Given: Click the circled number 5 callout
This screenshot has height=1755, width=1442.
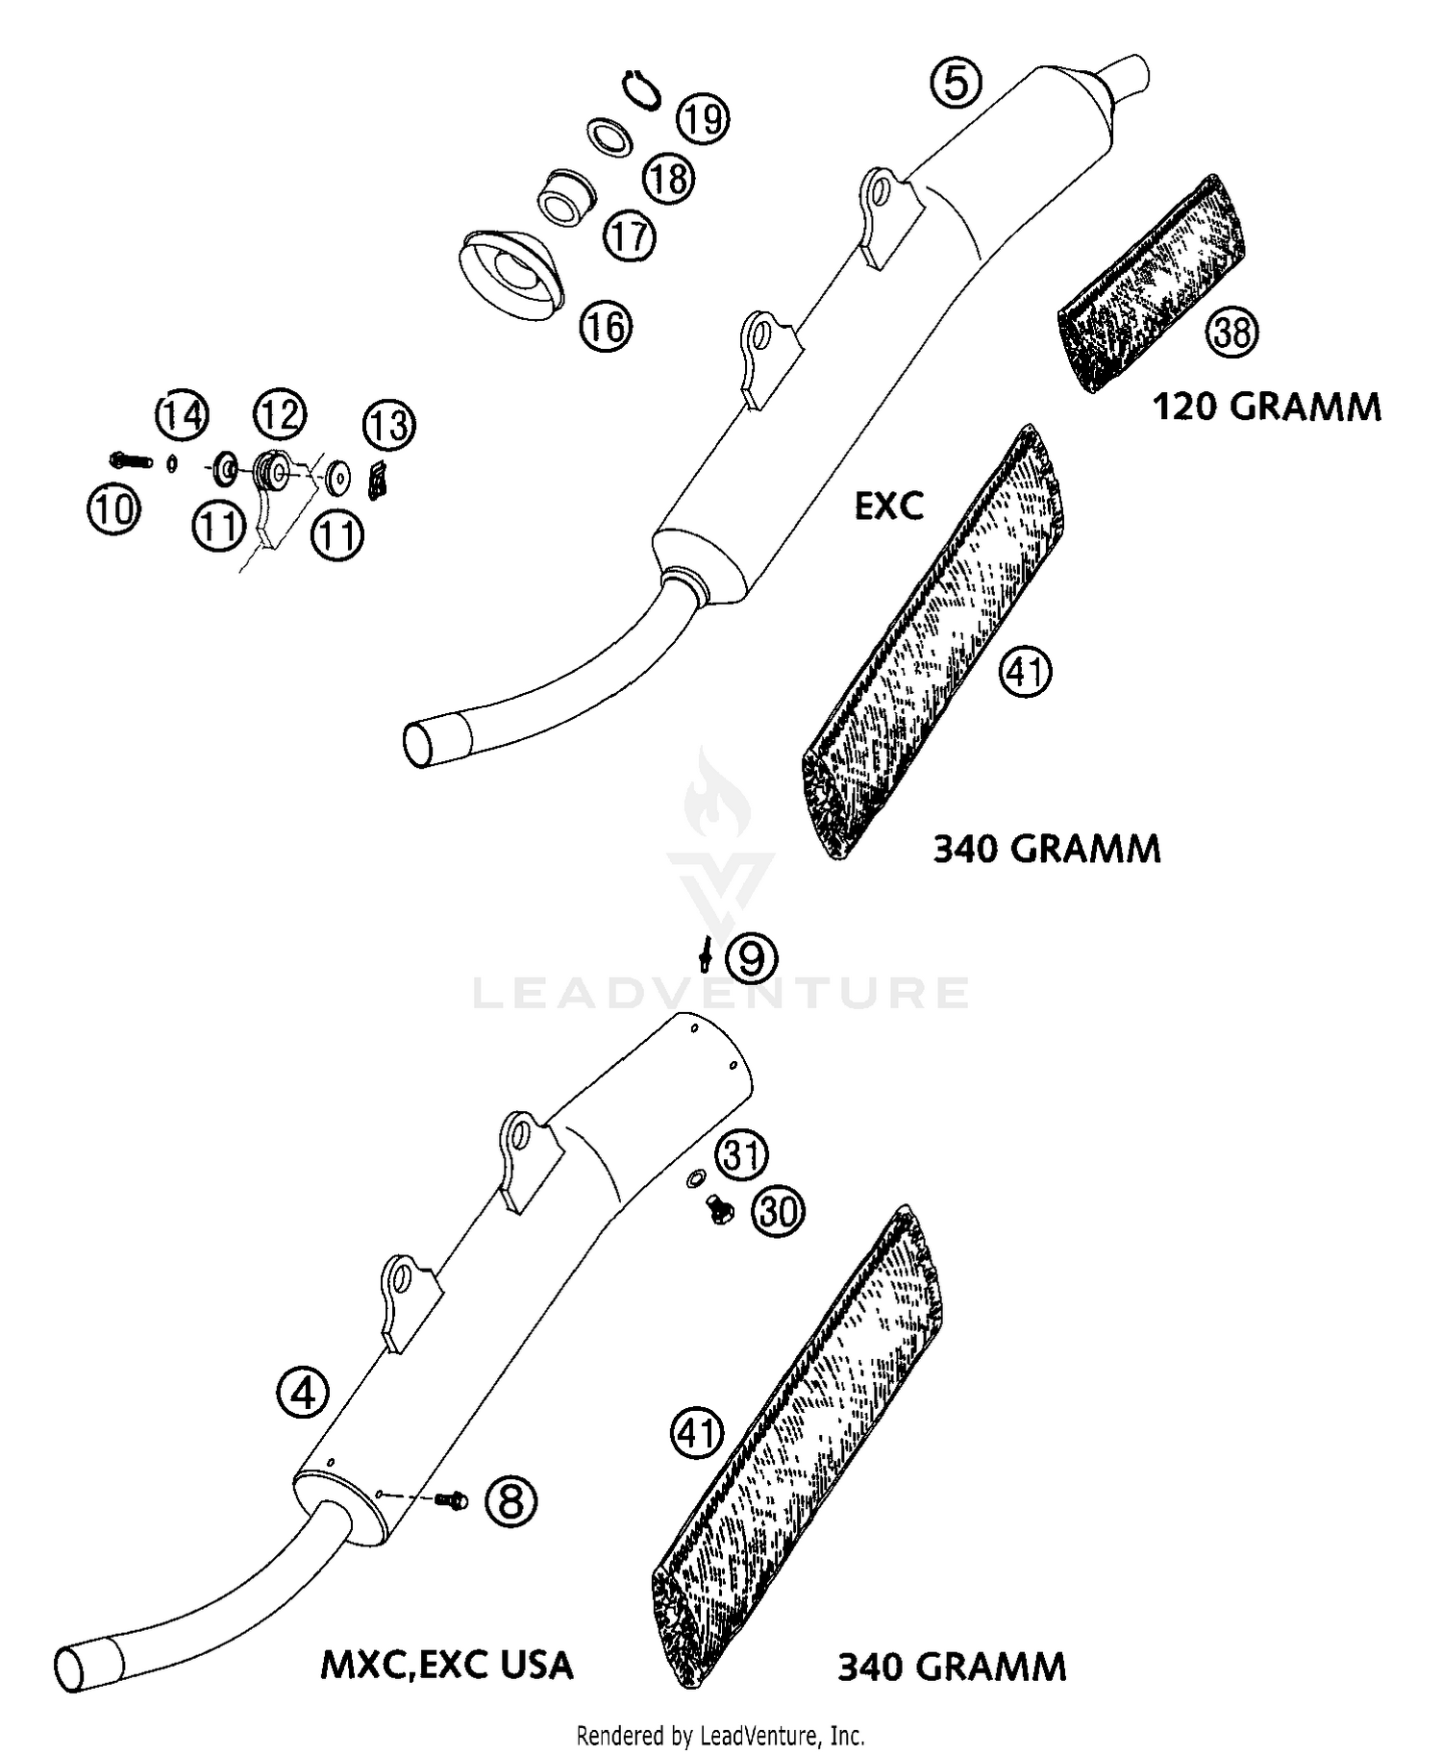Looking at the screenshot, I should pos(956,82).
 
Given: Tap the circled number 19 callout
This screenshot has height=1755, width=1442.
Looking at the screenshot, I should pos(703,120).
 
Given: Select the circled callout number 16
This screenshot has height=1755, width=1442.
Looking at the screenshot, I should pos(606,327).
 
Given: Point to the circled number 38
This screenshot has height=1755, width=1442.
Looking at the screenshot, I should pos(1231,332).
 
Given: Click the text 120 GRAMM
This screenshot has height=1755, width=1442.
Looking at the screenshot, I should pos(1266,407).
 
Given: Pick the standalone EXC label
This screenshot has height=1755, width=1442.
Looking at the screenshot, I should pos(889,506).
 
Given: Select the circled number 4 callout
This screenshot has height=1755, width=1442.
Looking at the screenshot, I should pos(303,1392).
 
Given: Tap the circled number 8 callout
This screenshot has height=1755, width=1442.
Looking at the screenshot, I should pos(510,1499).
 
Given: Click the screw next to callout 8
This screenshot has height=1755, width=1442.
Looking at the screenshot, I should pos(450,1498).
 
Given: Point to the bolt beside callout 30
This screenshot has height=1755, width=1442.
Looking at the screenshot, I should pos(716,1209).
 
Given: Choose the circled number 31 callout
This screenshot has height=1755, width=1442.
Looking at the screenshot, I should pos(741,1155).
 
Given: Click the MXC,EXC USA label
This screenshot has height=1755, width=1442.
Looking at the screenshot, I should pos(446,1665).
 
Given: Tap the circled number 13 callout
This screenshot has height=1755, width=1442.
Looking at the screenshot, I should pos(389,425).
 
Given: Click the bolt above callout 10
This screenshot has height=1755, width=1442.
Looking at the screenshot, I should pos(132,461).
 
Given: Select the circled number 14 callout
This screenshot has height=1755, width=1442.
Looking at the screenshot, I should pos(183,415).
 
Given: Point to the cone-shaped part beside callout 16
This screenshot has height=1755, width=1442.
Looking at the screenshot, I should pos(512,274).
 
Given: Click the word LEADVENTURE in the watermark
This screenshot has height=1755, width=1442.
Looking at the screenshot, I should pos(721,993).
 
